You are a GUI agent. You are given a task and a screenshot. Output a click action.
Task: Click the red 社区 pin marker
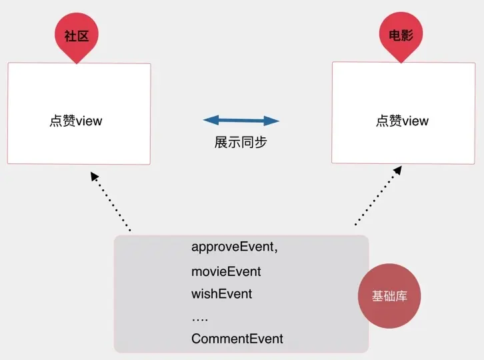77,37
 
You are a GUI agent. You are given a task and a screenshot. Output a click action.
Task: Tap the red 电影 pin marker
401,37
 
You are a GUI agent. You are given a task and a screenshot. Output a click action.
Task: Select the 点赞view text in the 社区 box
76,121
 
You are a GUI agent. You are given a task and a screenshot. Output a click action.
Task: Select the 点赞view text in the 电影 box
402,121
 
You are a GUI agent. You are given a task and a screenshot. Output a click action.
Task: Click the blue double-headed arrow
241,121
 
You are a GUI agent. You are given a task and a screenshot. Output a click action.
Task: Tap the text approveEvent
233,247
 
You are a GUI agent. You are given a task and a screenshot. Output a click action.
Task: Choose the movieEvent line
226,271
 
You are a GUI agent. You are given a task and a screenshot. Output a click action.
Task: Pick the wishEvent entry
222,293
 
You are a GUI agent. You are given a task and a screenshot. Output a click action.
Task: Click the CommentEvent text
237,339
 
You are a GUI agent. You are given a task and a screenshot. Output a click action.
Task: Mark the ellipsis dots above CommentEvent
200,319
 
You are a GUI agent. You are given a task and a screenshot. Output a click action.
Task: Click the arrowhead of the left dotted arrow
95,176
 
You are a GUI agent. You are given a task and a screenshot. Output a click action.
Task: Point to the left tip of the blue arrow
205,121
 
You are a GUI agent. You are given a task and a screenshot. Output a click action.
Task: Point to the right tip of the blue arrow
277,121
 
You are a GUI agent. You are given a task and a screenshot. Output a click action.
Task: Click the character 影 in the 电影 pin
407,37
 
